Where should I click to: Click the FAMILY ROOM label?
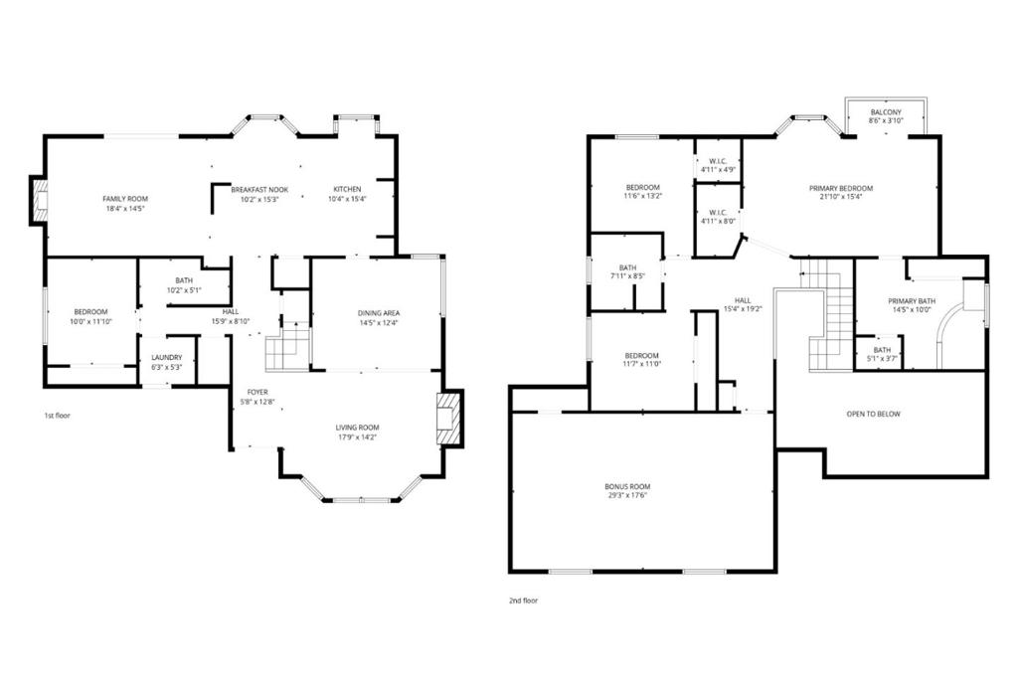coord(125,199)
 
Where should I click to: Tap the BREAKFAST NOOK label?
coord(259,190)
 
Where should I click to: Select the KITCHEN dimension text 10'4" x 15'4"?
coord(347,199)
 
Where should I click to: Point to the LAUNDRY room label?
coord(167,358)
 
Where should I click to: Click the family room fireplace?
coord(40,201)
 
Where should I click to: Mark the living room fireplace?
coord(450,418)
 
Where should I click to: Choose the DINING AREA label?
coord(379,313)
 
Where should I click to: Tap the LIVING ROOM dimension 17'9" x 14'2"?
coord(357,436)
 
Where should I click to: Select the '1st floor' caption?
coord(57,416)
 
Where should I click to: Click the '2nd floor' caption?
coord(523,601)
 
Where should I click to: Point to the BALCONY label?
coord(886,112)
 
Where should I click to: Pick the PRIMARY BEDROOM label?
coord(841,188)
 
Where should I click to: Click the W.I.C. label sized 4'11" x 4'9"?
coord(718,161)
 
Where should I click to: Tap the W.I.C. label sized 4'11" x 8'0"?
coord(718,213)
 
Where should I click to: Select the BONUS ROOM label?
coord(627,486)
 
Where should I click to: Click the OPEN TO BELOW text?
coord(873,414)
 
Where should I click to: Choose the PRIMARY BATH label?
coord(912,301)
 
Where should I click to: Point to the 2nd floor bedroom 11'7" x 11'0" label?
coord(641,356)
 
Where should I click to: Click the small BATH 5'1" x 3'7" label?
coord(883,350)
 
